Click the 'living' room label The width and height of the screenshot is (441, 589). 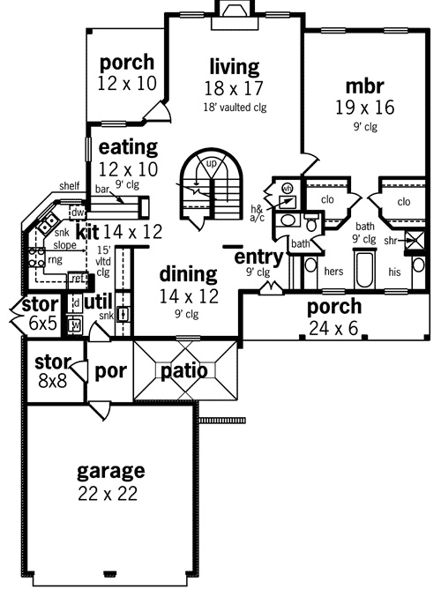pyautogui.click(x=235, y=67)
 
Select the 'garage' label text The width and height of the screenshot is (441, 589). pyautogui.click(x=110, y=470)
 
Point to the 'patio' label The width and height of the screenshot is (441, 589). pyautogui.click(x=183, y=371)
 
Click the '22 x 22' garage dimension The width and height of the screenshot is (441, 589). pyautogui.click(x=108, y=494)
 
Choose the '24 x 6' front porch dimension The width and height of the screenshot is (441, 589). pyautogui.click(x=333, y=329)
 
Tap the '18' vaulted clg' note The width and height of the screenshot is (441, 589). pyautogui.click(x=234, y=108)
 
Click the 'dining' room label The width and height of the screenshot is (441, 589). pyautogui.click(x=189, y=274)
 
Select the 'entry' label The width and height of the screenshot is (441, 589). pyautogui.click(x=258, y=257)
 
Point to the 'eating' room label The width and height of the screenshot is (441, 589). pyautogui.click(x=128, y=147)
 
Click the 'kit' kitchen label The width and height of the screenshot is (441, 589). pyautogui.click(x=87, y=233)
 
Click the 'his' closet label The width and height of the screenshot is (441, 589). pyautogui.click(x=394, y=272)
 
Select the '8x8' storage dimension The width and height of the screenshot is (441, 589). pyautogui.click(x=51, y=383)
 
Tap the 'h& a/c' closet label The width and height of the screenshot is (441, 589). pyautogui.click(x=258, y=213)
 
